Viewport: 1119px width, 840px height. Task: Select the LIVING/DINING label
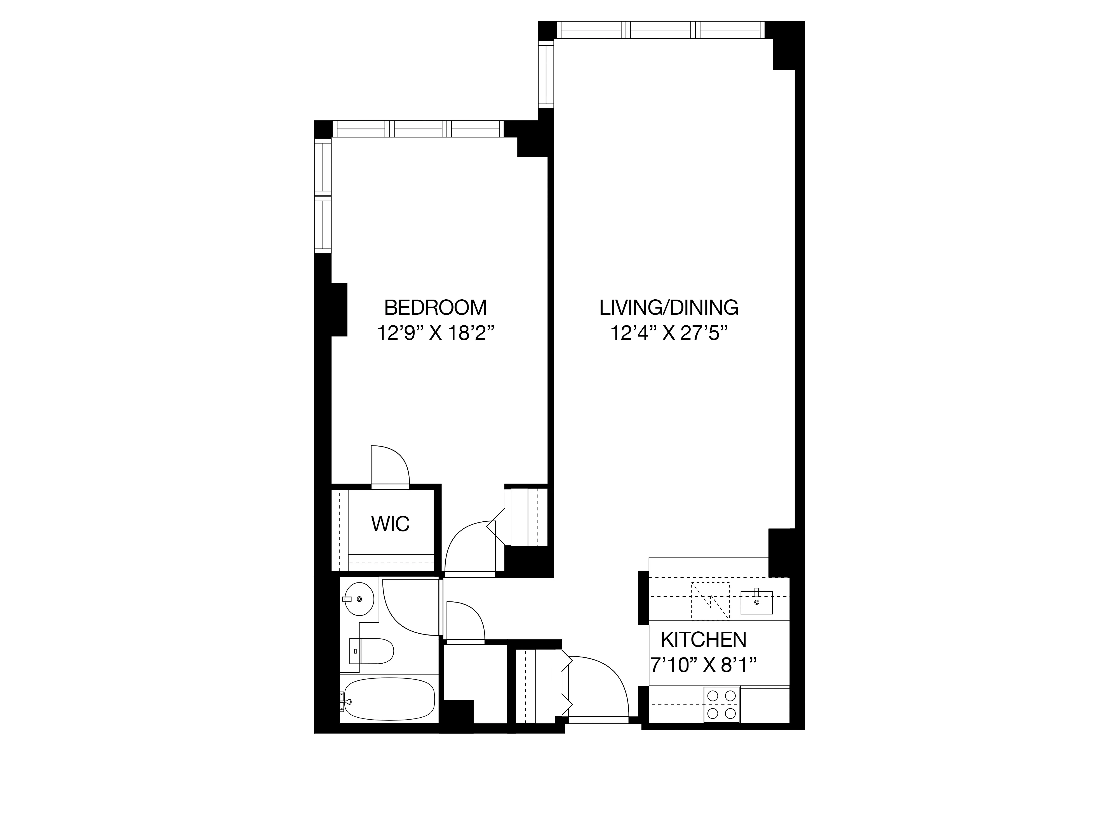coord(669,308)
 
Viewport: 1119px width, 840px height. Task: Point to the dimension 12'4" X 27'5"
coord(669,334)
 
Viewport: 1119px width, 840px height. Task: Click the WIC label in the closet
coord(390,524)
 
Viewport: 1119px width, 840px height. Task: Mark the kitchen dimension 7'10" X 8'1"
coord(703,665)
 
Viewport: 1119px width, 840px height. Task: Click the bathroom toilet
coord(372,651)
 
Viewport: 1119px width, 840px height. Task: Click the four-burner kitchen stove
coord(721,704)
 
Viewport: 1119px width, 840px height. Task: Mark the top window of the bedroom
coord(418,129)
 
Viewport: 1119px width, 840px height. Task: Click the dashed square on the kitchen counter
coord(710,601)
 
